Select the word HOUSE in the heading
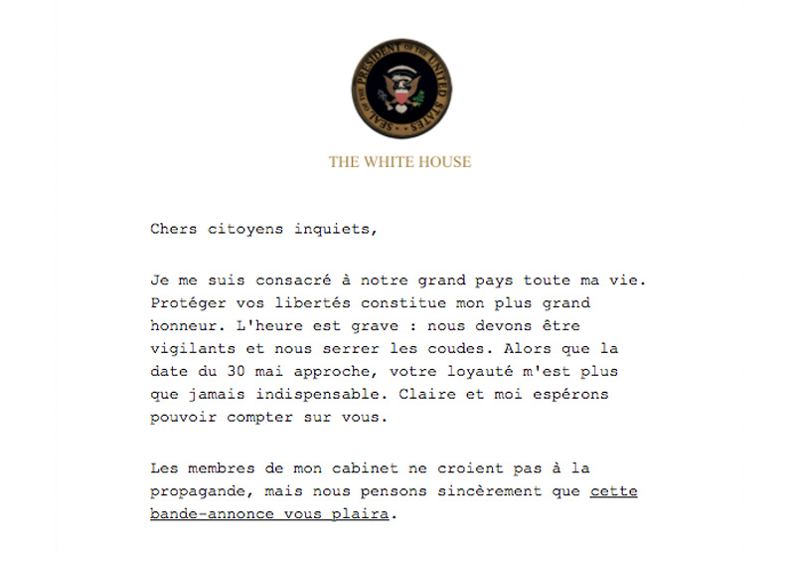point(446,161)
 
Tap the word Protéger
point(185,301)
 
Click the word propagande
point(195,491)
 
